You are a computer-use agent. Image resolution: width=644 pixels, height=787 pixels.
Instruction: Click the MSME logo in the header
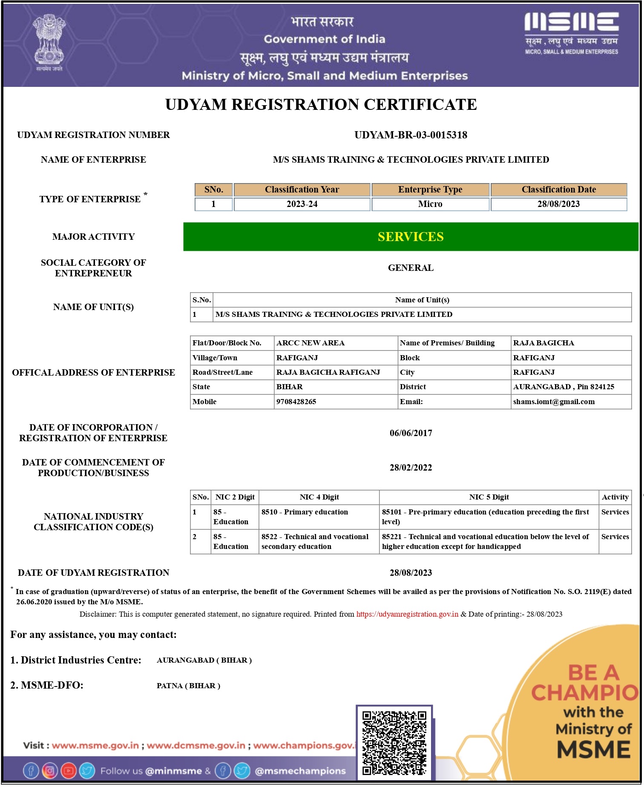(x=571, y=33)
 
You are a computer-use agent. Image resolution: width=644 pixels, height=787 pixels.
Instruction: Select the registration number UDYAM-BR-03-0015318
(x=411, y=135)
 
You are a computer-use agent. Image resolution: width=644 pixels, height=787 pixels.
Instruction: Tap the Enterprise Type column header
(x=430, y=190)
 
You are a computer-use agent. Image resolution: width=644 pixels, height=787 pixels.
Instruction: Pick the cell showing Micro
(x=430, y=204)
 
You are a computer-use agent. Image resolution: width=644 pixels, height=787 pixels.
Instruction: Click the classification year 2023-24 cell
(x=302, y=204)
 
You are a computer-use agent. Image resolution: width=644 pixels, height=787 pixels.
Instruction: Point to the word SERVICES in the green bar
(x=411, y=237)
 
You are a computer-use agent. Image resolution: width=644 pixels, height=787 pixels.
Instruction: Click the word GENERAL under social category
(x=411, y=268)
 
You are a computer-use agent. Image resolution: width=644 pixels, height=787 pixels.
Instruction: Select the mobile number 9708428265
(x=296, y=402)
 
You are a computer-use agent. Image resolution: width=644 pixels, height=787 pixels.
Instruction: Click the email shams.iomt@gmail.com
(x=554, y=402)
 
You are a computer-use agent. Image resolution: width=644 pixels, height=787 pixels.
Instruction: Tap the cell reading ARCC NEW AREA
(x=310, y=343)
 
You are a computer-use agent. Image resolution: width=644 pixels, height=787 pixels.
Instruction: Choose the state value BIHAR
(x=290, y=387)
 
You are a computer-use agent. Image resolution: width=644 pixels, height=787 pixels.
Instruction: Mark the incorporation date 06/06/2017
(x=411, y=433)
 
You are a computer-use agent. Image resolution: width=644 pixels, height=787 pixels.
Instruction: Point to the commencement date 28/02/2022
(x=411, y=468)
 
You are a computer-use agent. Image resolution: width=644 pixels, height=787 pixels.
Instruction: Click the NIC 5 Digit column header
(x=489, y=497)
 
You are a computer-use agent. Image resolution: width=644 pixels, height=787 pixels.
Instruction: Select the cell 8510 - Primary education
(x=305, y=512)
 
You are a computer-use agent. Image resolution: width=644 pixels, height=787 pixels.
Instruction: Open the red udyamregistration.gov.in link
(x=407, y=614)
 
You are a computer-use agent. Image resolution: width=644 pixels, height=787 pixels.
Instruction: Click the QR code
(x=394, y=743)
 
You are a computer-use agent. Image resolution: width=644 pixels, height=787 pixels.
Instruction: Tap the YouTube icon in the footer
(x=69, y=771)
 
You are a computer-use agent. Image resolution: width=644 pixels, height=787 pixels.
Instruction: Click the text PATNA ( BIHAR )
(x=188, y=686)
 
